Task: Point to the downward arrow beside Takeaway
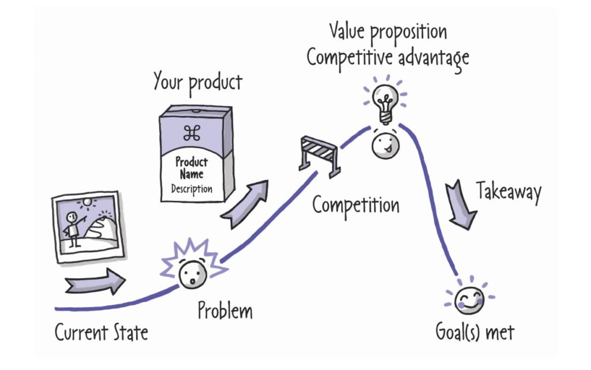(x=462, y=203)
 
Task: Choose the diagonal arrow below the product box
(x=245, y=205)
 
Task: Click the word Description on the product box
(x=191, y=189)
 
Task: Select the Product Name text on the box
(x=191, y=168)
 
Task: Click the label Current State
(x=102, y=333)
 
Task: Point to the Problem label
(x=225, y=311)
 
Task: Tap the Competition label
(x=356, y=205)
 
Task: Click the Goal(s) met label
(x=474, y=333)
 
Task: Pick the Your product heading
(x=197, y=83)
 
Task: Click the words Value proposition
(x=387, y=32)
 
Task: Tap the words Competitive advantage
(x=387, y=57)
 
